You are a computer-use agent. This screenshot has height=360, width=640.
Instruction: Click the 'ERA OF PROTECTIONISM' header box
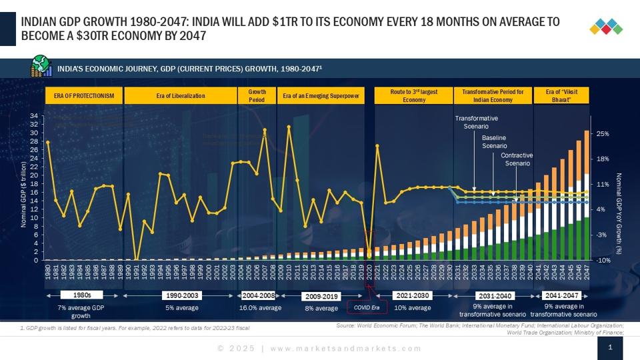tap(84, 96)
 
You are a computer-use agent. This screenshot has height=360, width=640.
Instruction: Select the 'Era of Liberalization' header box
tap(181, 96)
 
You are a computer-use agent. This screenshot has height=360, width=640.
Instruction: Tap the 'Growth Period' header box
tap(257, 95)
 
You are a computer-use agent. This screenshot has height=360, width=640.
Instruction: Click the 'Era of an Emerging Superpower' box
tap(321, 96)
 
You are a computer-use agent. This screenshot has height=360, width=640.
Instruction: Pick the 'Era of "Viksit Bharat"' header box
tap(561, 95)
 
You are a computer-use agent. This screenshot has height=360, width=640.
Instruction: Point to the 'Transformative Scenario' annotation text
tap(476, 122)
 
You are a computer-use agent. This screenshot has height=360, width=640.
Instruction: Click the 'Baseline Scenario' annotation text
tap(495, 141)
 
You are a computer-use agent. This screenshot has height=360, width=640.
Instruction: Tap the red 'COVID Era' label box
tap(366, 308)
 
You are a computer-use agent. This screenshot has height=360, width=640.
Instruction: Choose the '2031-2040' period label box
tap(494, 295)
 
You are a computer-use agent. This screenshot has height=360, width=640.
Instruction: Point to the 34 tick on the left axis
tap(34, 116)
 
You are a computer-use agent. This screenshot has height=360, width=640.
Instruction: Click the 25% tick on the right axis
tap(603, 133)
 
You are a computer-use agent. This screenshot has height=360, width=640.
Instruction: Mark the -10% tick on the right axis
tap(603, 260)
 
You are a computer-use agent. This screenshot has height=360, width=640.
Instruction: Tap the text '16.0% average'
tap(261, 308)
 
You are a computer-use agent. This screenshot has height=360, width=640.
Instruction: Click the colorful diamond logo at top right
tap(606, 27)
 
